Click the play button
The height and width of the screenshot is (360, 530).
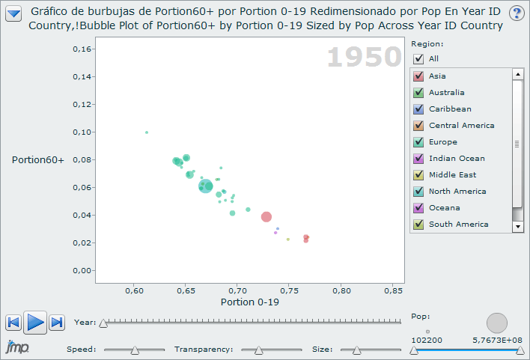tap(34, 323)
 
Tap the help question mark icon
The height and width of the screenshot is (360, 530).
tap(517, 13)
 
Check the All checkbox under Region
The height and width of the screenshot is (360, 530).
tap(418, 58)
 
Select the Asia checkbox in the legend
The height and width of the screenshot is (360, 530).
tap(418, 76)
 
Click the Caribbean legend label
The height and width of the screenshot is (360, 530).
tap(450, 109)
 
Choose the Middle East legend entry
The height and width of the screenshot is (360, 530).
tap(451, 174)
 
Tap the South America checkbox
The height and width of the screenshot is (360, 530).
tap(418, 224)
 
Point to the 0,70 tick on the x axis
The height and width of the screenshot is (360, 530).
tap(237, 289)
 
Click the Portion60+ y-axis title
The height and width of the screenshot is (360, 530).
tap(37, 159)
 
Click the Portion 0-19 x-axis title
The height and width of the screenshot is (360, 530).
tap(250, 302)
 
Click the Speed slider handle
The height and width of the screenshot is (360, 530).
tap(135, 350)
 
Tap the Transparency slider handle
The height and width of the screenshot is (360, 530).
tap(258, 350)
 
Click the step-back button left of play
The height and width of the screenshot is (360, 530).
tap(13, 323)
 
